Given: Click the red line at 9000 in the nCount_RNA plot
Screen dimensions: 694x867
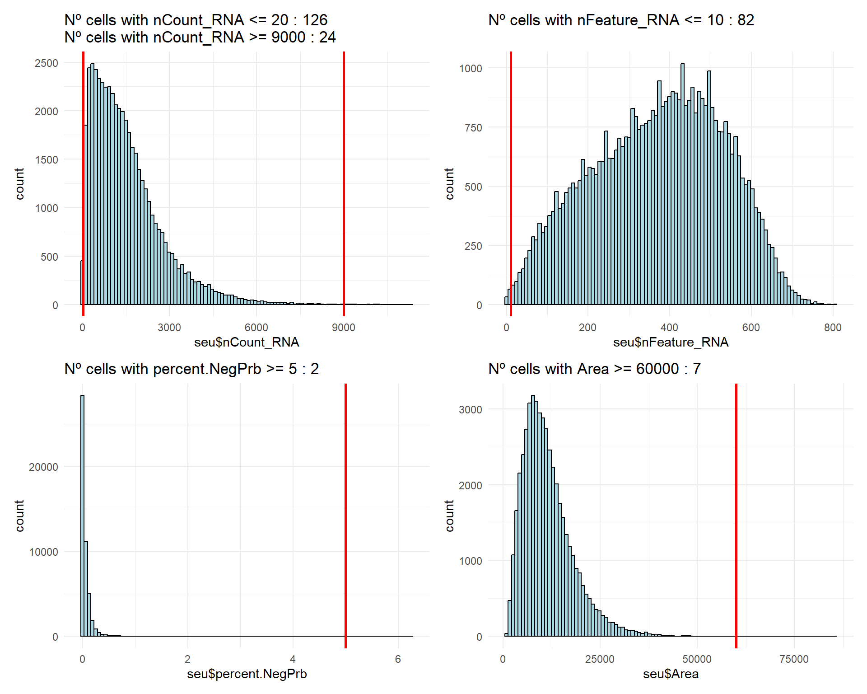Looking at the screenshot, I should [344, 181].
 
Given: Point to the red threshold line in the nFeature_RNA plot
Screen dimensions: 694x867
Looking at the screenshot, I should [511, 181].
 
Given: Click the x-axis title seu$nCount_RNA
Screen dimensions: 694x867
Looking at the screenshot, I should [247, 342].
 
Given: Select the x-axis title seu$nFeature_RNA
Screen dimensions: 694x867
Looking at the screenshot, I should [671, 342].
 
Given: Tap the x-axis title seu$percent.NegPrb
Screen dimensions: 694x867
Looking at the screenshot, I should [247, 674].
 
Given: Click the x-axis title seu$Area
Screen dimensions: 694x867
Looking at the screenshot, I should [671, 674].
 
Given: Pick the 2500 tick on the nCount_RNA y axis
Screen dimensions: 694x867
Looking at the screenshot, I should [47, 63].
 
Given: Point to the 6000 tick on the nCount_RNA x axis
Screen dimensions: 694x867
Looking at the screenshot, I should [256, 328].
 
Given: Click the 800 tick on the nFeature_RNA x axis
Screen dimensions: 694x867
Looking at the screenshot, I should [833, 328].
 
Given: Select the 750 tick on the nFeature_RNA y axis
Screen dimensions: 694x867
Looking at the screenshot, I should [473, 128].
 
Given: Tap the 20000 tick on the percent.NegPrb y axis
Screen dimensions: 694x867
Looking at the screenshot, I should [43, 467].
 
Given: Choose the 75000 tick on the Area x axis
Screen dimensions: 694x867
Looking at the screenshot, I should [794, 660].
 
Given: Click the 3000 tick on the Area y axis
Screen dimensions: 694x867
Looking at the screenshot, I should [471, 410].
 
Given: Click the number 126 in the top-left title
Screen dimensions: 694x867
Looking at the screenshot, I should [315, 20].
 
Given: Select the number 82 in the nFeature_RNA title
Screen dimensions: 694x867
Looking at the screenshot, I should [746, 20].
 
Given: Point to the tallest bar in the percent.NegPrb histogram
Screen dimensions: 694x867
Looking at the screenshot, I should [82, 515].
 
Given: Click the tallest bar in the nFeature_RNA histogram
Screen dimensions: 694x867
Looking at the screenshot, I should [682, 181].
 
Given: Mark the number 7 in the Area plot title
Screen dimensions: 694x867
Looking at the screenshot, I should [697, 369].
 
